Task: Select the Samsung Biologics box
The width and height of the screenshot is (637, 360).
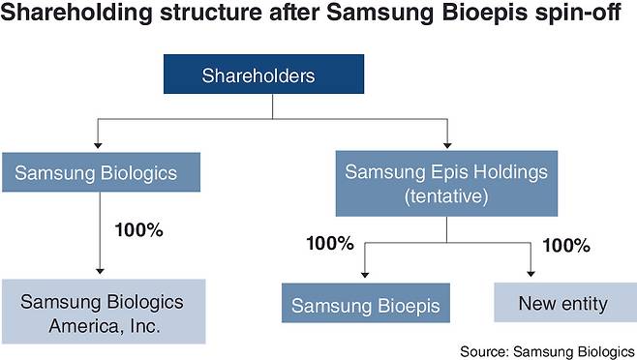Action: click(104, 175)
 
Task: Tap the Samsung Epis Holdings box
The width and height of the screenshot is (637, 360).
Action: click(446, 184)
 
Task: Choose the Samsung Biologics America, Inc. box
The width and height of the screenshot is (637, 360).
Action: click(104, 310)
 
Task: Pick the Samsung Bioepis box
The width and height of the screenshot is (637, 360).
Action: click(366, 304)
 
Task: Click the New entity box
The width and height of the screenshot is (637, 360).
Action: click(562, 304)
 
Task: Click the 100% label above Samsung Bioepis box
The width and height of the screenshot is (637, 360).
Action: click(330, 243)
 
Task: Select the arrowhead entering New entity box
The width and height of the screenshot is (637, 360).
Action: click(531, 277)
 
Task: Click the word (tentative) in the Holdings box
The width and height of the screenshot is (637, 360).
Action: click(446, 195)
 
